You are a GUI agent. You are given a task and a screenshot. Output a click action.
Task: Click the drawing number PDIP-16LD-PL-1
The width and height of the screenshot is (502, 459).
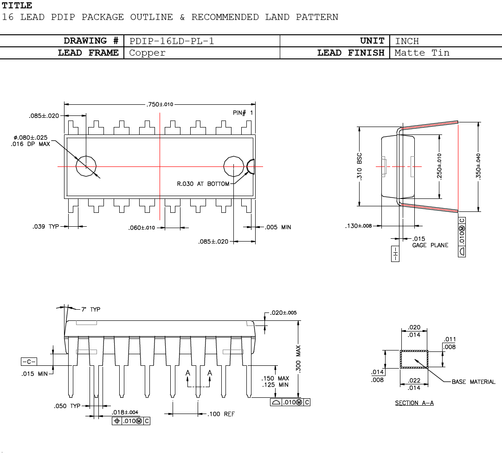[x=171, y=41]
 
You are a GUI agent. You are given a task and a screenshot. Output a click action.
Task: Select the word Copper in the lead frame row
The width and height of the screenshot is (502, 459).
[x=147, y=53]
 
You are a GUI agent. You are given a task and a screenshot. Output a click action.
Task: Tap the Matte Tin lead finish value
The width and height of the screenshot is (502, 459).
[x=422, y=53]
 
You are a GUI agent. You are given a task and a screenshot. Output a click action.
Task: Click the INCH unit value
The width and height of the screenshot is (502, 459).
[x=407, y=41]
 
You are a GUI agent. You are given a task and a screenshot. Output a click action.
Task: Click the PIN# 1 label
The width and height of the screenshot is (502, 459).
[x=243, y=113]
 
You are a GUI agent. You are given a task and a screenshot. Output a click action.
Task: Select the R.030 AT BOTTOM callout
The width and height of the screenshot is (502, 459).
[x=203, y=184]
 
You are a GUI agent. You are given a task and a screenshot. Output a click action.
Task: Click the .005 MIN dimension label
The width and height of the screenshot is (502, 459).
[x=278, y=227]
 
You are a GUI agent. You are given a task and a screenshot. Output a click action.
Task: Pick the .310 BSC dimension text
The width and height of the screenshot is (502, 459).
[x=360, y=167]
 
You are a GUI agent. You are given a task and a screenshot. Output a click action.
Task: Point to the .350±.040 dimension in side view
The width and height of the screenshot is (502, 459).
[x=478, y=166]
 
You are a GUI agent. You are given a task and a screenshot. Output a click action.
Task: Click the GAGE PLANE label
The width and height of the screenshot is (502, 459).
[x=430, y=245]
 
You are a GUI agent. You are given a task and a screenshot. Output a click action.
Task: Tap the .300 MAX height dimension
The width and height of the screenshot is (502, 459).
[x=299, y=359]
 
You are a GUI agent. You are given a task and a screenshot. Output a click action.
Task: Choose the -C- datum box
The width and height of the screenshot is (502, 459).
[x=29, y=362]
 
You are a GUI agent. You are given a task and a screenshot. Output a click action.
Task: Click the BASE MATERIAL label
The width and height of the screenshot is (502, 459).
[x=473, y=382]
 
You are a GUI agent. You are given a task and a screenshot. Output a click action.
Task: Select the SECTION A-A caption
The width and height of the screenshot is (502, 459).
[x=414, y=403]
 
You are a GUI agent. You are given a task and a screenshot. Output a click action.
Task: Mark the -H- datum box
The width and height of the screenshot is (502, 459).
[x=395, y=254]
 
